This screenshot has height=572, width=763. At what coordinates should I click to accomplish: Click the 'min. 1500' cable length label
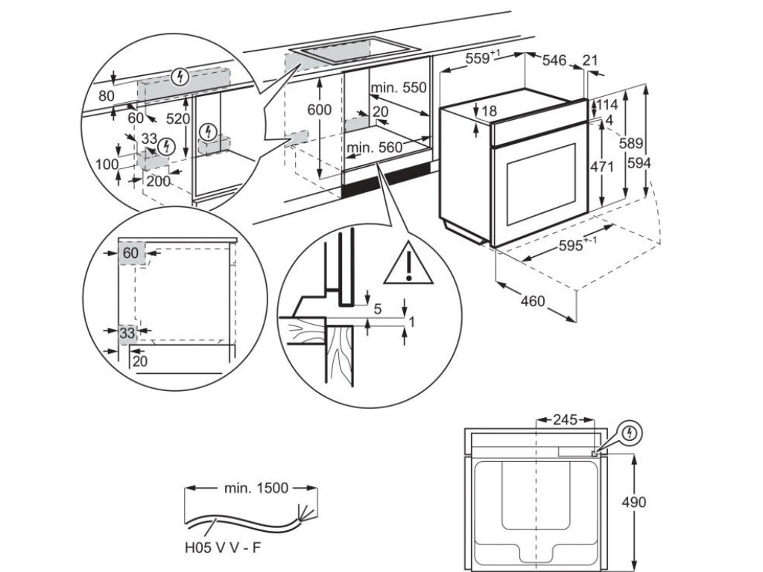256,489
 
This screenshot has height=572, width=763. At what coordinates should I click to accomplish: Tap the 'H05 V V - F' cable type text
224,547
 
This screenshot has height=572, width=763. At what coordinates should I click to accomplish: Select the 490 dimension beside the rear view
633,501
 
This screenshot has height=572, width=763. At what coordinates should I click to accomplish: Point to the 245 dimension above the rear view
565,420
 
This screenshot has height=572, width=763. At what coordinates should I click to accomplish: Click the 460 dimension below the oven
533,302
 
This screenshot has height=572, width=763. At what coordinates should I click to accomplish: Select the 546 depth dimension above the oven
554,61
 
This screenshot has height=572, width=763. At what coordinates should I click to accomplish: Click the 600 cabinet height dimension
319,109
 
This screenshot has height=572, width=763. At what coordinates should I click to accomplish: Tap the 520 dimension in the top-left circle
177,118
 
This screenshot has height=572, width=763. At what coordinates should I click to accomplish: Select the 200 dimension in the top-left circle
158,181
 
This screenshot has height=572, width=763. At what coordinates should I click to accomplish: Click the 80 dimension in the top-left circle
107,95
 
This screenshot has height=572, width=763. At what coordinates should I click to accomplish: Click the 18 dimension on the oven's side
489,111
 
